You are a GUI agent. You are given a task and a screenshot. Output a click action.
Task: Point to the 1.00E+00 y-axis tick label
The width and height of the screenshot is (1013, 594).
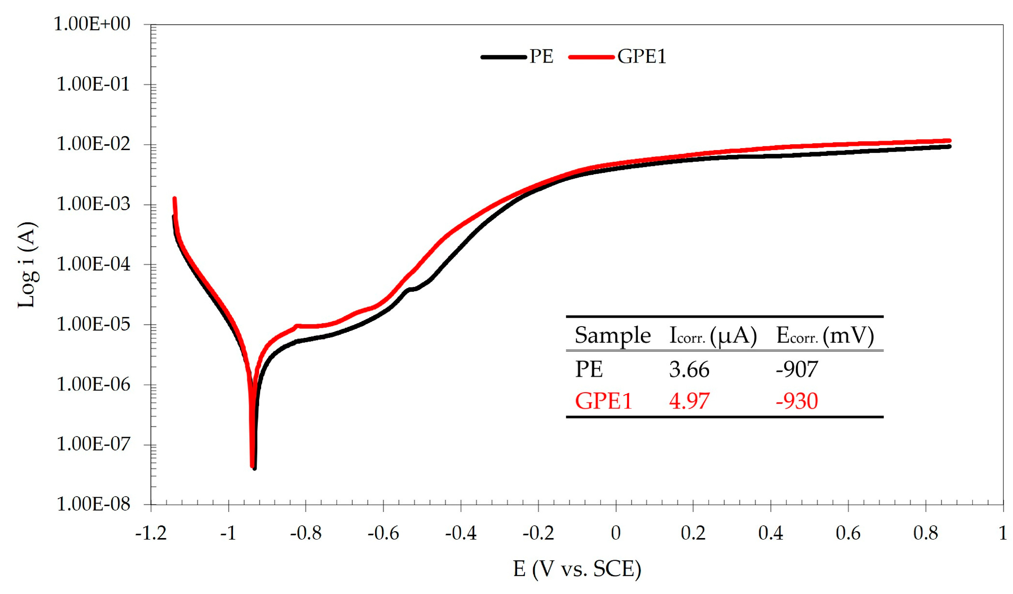pyautogui.click(x=92, y=24)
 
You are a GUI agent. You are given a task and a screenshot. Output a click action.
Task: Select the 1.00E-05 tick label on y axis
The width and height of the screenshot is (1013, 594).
pyautogui.click(x=93, y=324)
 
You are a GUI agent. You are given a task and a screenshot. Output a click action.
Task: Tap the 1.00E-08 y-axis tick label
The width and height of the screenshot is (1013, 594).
pyautogui.click(x=93, y=504)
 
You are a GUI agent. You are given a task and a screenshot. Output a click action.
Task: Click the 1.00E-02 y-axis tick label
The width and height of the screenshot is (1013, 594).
pyautogui.click(x=93, y=144)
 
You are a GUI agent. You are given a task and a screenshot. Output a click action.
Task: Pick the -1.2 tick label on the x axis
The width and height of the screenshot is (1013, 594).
pyautogui.click(x=151, y=534)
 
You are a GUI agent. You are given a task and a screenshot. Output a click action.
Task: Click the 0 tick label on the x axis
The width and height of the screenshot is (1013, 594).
pyautogui.click(x=615, y=534)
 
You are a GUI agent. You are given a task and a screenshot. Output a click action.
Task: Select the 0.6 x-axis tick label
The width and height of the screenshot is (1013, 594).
pyautogui.click(x=848, y=534)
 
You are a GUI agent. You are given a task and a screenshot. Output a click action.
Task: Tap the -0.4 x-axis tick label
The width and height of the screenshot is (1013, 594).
pyautogui.click(x=461, y=534)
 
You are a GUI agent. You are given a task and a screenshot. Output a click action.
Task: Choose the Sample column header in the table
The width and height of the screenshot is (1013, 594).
pyautogui.click(x=612, y=335)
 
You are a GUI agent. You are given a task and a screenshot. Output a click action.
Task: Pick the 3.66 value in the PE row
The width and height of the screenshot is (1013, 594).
pyautogui.click(x=689, y=369)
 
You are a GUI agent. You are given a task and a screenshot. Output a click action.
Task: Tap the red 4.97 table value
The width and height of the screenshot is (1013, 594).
pyautogui.click(x=689, y=401)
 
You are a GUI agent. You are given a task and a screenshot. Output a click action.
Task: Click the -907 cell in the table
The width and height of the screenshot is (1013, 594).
pyautogui.click(x=796, y=369)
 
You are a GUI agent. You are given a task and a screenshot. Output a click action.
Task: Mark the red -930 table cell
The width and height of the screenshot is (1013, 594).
pyautogui.click(x=796, y=401)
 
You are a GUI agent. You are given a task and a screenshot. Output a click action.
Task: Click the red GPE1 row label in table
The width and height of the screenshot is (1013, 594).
pyautogui.click(x=603, y=401)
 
